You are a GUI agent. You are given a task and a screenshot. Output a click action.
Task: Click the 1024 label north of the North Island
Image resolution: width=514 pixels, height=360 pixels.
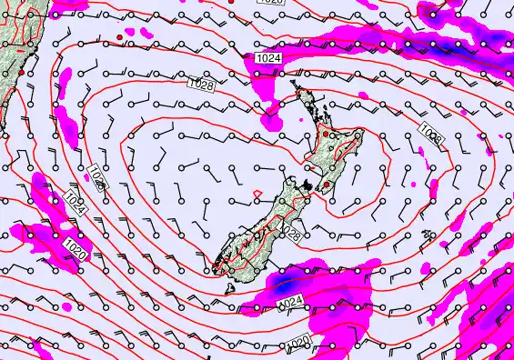[267, 57]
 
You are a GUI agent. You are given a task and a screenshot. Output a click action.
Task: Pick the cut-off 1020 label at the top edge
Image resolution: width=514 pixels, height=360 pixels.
[270, 3]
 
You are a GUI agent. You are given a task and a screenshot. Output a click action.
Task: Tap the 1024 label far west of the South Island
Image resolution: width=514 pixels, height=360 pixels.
[77, 205]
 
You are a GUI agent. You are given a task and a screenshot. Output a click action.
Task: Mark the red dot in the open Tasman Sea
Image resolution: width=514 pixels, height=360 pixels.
[119, 36]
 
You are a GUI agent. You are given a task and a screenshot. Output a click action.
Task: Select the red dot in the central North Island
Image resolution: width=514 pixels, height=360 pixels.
[327, 134]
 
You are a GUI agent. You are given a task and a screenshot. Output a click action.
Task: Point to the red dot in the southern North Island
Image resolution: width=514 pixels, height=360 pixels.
[326, 185]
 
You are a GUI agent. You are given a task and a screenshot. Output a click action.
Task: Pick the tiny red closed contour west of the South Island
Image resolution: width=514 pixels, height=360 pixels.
[257, 192]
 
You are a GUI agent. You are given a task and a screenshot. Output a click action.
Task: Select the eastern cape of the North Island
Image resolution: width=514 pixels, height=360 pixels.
[363, 135]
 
